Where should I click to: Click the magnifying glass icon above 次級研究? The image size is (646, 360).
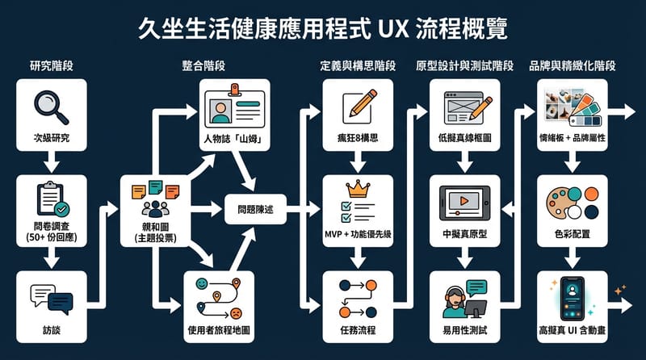click(x=52, y=106)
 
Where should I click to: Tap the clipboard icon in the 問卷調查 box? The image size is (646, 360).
click(x=52, y=199)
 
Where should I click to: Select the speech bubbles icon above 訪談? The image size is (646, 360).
click(x=52, y=299)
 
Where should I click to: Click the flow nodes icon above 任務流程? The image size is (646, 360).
click(x=358, y=298)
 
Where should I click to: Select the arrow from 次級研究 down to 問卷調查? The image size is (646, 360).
click(x=52, y=164)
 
